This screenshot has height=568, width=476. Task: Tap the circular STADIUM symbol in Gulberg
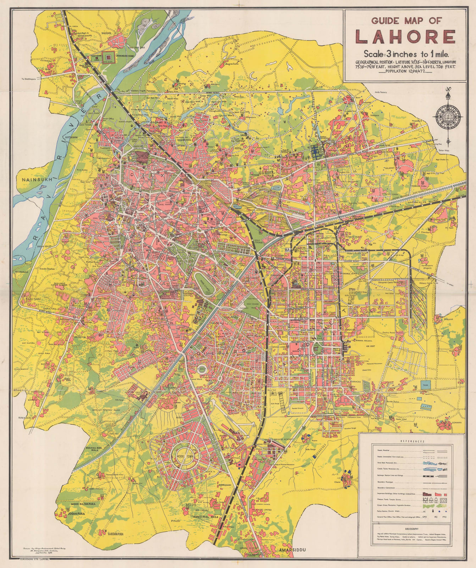pyautogui.click(x=202, y=369)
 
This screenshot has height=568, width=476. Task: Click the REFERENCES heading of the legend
pyautogui.click(x=412, y=441)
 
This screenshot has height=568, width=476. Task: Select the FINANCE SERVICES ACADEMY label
pyautogui.click(x=279, y=439)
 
